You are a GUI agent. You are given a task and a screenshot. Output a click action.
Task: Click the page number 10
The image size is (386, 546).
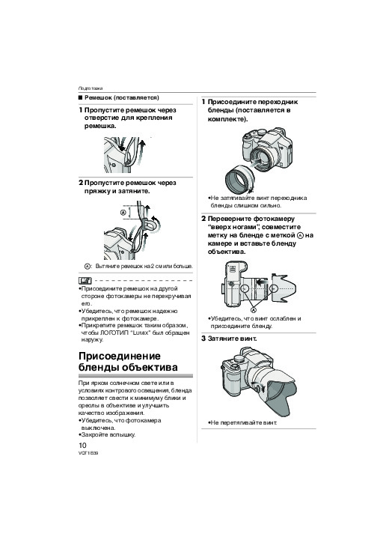pyautogui.click(x=82, y=445)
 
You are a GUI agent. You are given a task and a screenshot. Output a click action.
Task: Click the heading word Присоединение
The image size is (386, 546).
pyautogui.click(x=120, y=357)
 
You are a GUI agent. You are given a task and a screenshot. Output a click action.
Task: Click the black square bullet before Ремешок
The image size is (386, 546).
pyautogui.click(x=81, y=98)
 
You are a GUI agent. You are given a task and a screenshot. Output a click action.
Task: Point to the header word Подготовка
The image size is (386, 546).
pyautogui.click(x=91, y=88)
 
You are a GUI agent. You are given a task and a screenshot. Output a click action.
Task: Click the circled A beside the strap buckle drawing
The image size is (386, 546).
pyautogui.click(x=123, y=213)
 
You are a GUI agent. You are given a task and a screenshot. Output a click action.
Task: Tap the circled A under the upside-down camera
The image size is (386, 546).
pyautogui.click(x=254, y=310)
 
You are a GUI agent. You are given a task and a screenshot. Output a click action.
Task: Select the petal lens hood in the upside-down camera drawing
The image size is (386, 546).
pyautogui.click(x=284, y=288)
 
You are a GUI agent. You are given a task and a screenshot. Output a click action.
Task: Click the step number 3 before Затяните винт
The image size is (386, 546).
pyautogui.click(x=203, y=339)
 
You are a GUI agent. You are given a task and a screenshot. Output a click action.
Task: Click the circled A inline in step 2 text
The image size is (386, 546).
pyautogui.click(x=301, y=235)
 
